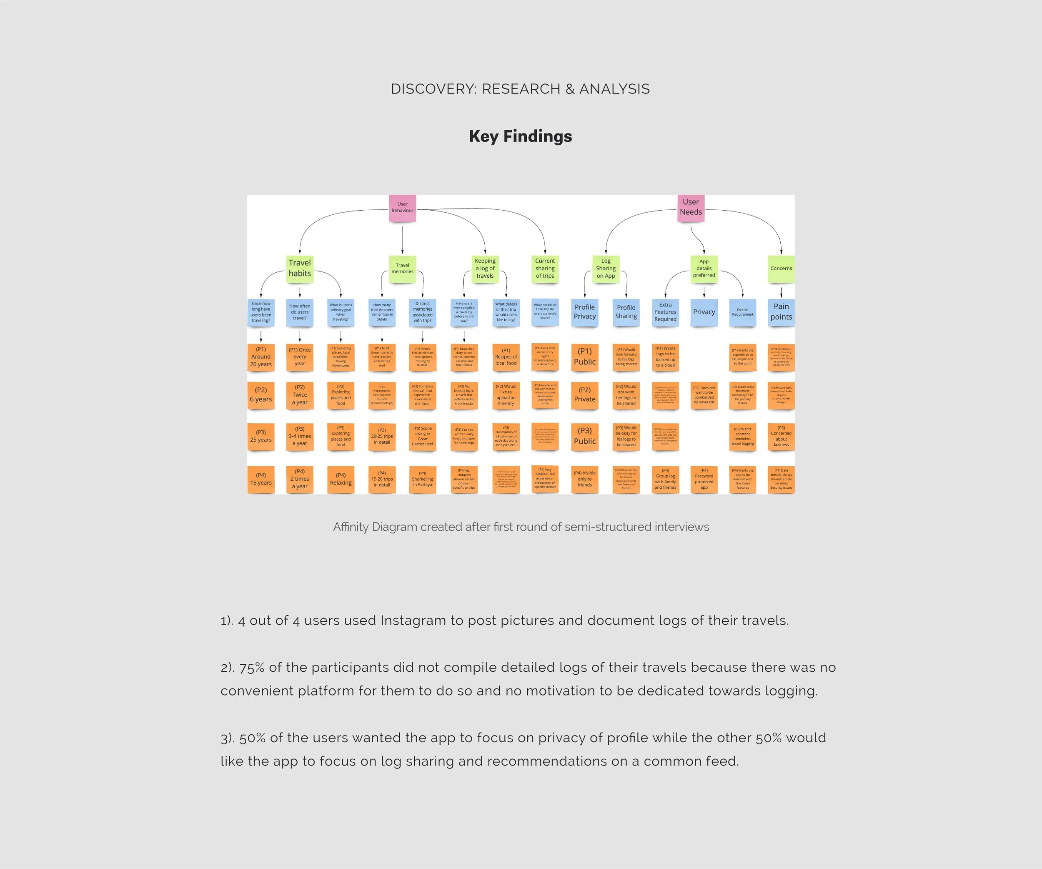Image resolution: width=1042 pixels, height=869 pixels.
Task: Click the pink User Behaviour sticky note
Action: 402,207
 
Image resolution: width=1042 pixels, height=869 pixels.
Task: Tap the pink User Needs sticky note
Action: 691,207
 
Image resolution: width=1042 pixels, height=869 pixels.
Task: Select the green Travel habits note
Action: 300,269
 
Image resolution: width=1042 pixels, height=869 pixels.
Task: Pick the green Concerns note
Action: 781,269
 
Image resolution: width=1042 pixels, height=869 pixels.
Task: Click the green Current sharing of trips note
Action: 545,269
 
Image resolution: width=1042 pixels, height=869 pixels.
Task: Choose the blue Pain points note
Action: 781,312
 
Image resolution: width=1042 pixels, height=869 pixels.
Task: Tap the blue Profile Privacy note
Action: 584,312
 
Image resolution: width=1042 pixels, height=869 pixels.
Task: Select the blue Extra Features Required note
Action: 665,312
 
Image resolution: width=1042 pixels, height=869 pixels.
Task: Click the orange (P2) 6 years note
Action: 261,395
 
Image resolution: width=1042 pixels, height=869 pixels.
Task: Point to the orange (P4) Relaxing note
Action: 341,480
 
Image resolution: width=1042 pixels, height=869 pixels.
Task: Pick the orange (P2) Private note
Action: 584,395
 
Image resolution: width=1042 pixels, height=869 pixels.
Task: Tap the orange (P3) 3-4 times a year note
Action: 300,437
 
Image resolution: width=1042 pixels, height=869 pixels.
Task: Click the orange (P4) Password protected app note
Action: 704,480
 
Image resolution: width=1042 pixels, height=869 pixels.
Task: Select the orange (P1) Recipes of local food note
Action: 506,357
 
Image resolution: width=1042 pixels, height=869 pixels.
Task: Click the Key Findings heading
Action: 521,136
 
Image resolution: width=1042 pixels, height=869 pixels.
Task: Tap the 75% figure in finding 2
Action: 252,668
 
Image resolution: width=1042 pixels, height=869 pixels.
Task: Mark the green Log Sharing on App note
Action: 606,269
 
